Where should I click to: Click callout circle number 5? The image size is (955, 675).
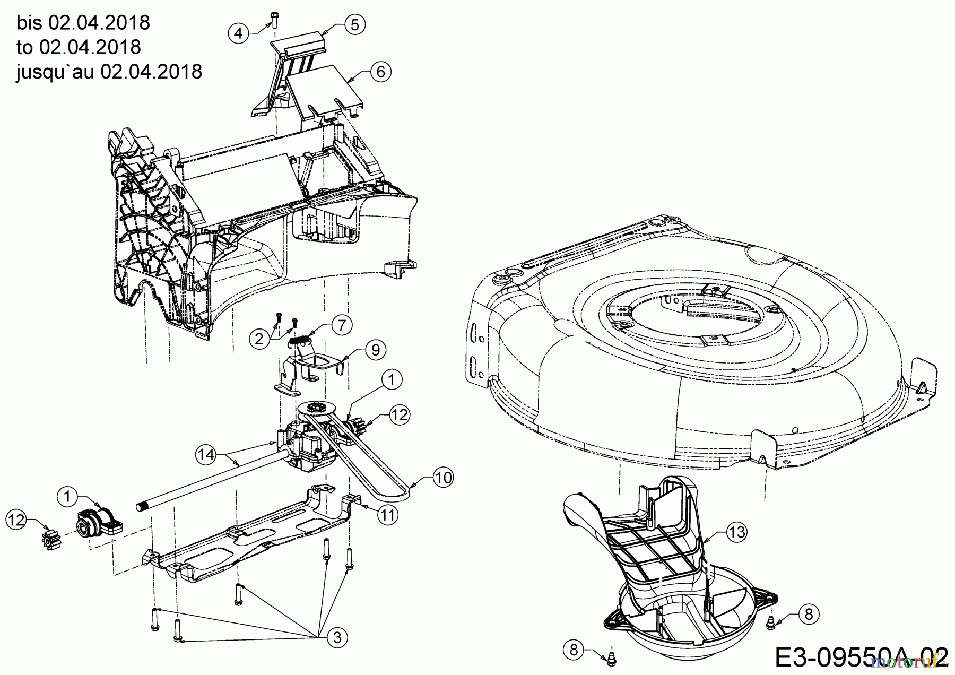(355, 24)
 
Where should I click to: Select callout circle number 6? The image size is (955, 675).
(380, 71)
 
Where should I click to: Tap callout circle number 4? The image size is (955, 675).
(238, 33)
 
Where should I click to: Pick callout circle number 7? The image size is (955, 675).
(342, 324)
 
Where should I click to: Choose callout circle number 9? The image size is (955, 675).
(375, 350)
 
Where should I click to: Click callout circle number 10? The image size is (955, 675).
(443, 478)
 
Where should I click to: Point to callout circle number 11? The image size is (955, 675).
(389, 515)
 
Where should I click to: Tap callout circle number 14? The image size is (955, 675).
(206, 454)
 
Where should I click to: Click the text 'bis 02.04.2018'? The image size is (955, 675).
(83, 23)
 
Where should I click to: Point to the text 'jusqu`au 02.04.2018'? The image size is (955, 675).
(109, 71)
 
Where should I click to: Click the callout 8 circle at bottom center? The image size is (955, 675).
(574, 650)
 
